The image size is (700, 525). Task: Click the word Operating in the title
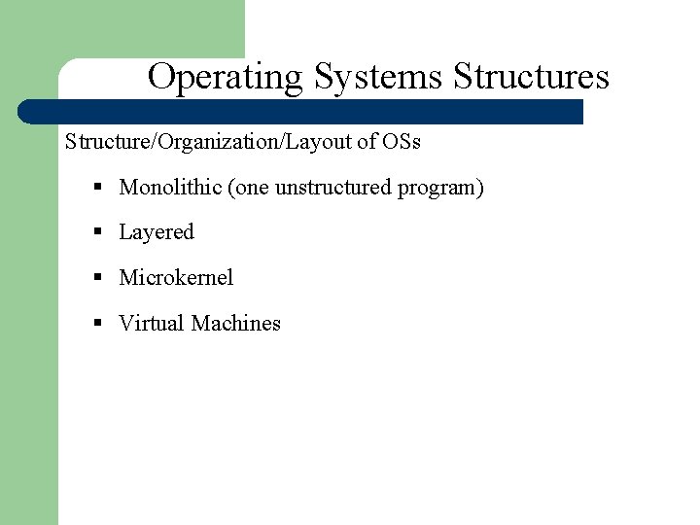225,77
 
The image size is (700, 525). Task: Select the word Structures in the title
531,77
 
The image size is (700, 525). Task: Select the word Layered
157,232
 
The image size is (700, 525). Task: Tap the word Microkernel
176,278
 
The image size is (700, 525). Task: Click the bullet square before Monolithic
98,187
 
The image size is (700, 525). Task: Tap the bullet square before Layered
98,232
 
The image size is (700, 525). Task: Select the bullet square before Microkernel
98,278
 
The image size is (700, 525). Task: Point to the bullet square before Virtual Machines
98,324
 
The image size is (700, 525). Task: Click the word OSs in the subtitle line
402,142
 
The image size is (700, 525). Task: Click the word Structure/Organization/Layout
208,142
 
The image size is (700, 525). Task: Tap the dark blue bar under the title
301,111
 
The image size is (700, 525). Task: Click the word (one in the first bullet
248,188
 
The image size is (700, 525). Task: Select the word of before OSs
367,142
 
